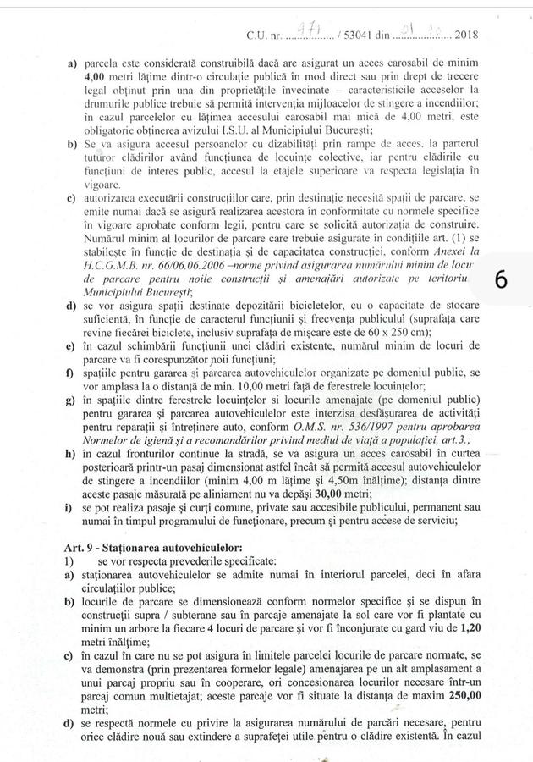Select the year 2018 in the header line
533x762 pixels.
click(x=466, y=36)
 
